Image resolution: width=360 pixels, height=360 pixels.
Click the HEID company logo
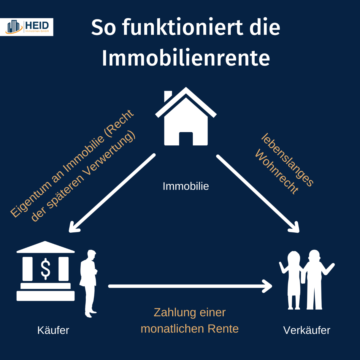tap(27, 27)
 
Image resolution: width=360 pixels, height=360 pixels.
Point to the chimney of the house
tap(168, 96)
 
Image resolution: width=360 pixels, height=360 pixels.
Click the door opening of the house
tap(186, 139)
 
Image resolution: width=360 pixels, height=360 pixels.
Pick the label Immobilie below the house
tap(186, 186)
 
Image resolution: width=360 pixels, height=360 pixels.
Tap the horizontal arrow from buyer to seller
tap(190, 286)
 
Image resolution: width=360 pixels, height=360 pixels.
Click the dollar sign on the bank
tap(45, 269)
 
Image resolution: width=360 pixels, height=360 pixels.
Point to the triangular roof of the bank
tap(45, 247)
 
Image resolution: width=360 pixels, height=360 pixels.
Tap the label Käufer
tap(53, 330)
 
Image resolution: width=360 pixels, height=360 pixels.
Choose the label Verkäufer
tap(307, 330)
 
